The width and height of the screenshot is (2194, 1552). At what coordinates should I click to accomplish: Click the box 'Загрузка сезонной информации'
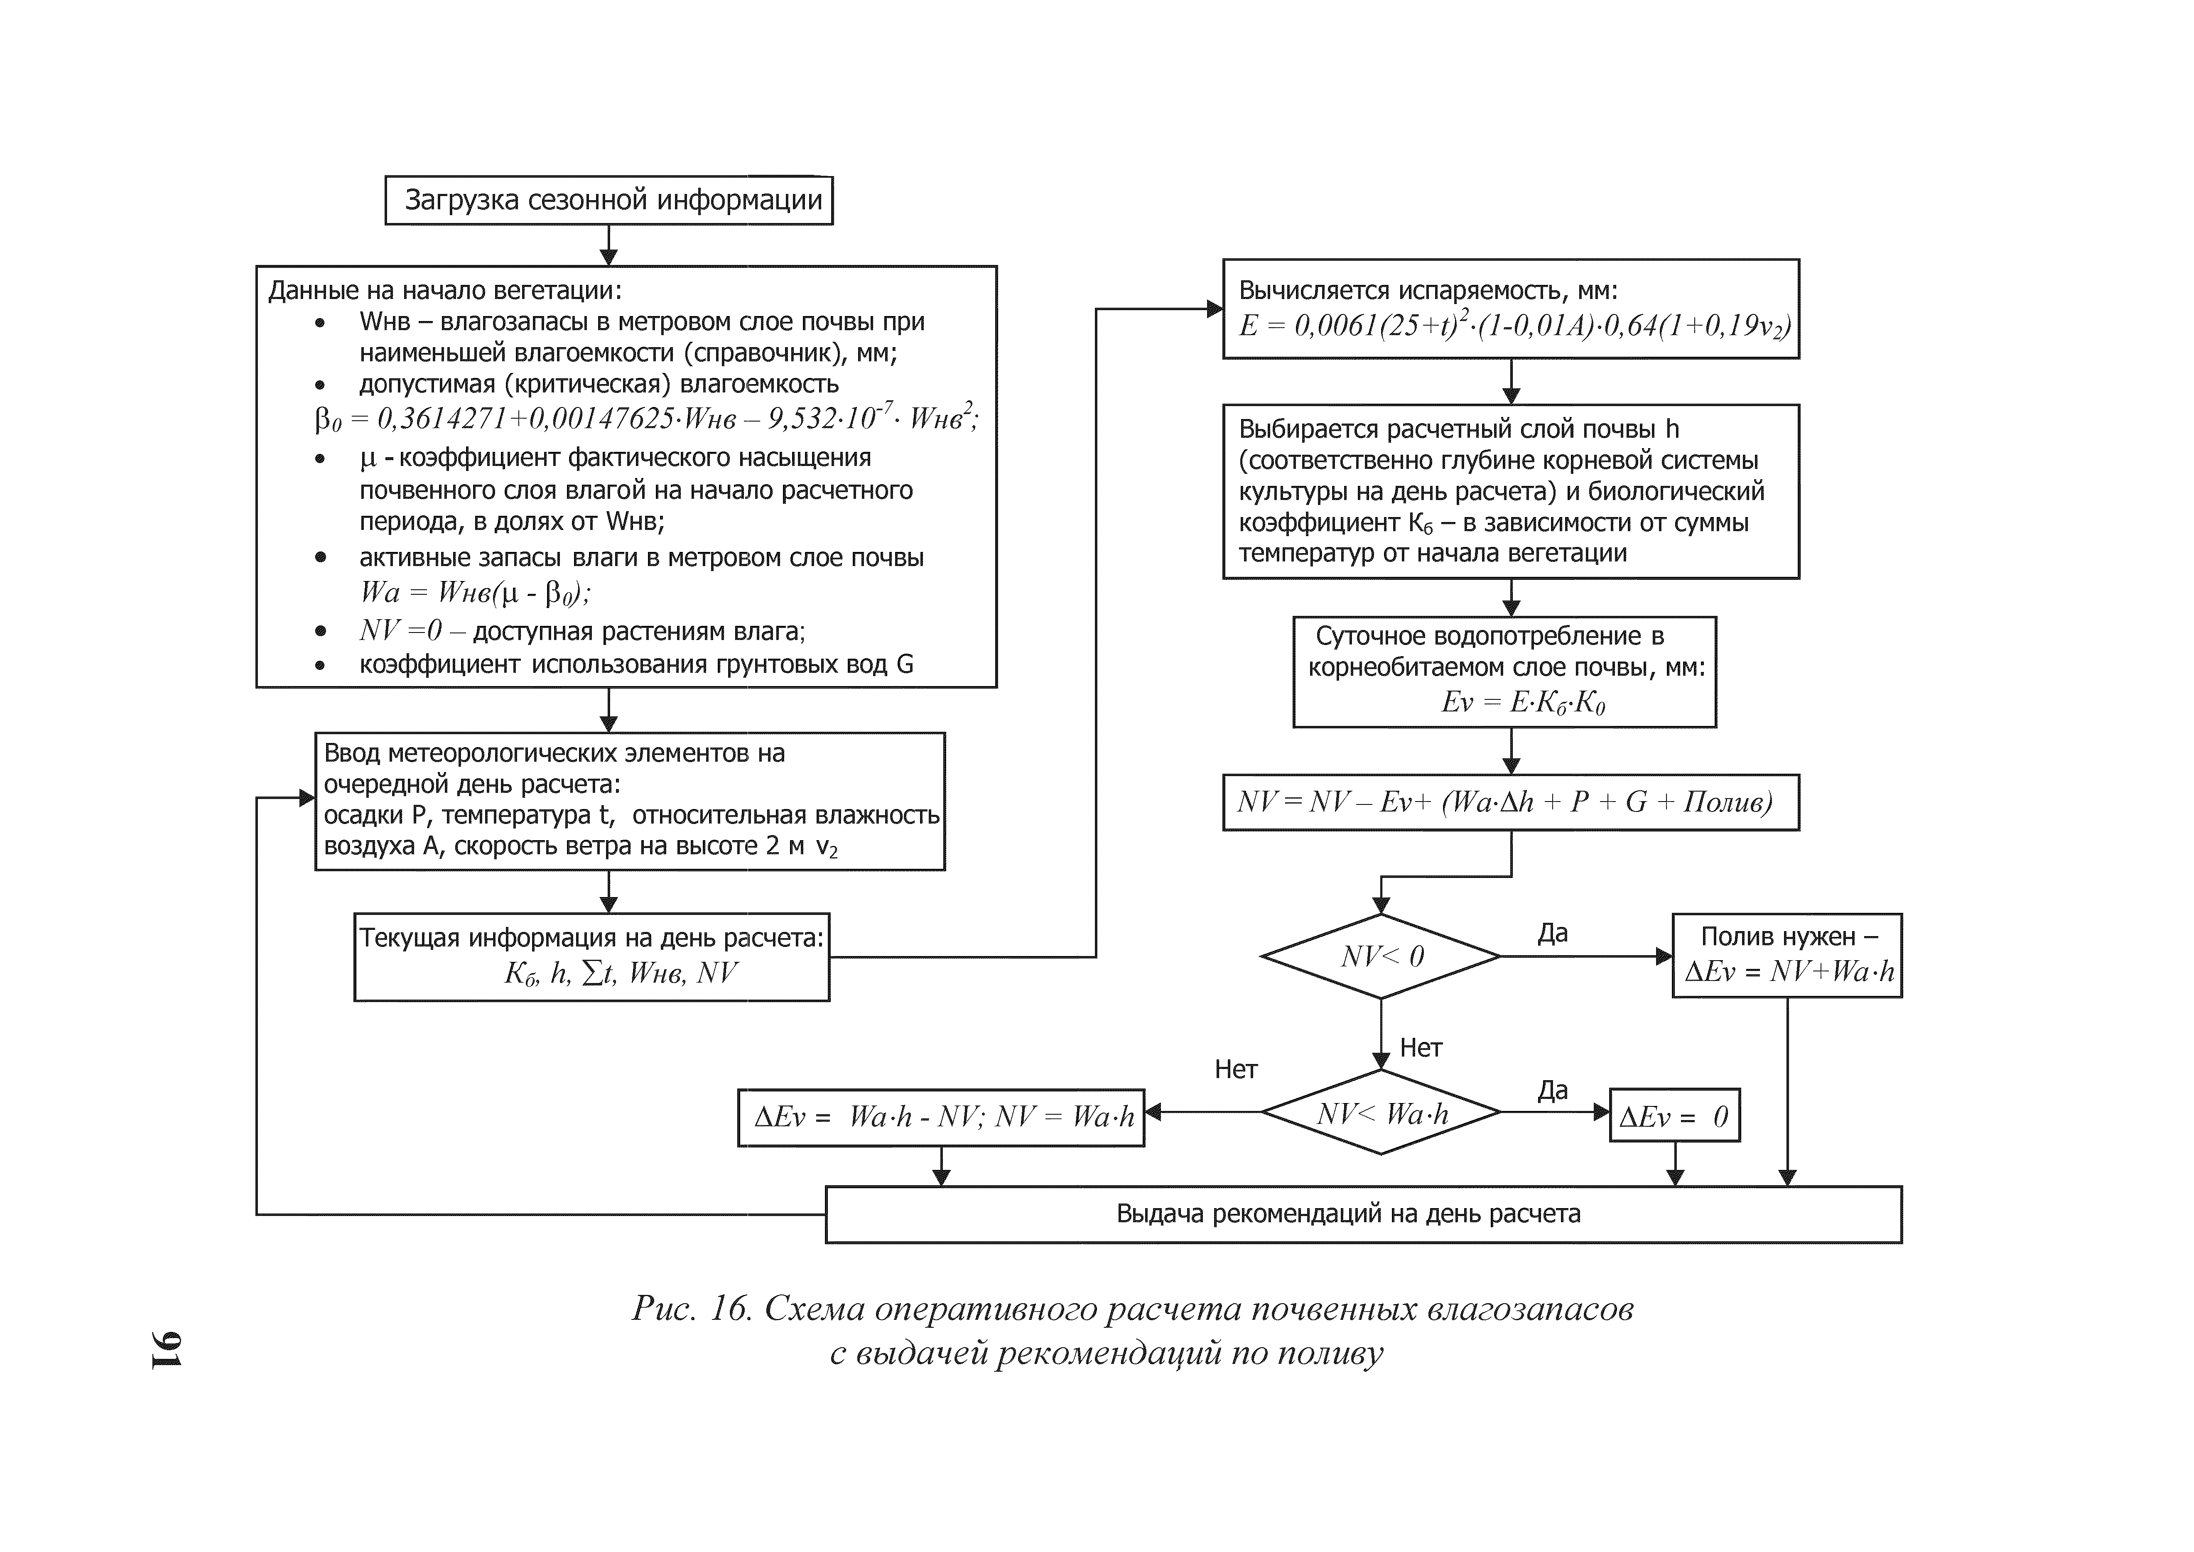(609, 200)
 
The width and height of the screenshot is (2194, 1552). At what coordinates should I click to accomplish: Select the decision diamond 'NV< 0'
(1381, 956)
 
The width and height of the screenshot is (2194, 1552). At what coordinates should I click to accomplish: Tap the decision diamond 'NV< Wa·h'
(1381, 1112)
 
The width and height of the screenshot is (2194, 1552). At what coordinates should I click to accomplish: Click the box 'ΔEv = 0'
(1674, 1115)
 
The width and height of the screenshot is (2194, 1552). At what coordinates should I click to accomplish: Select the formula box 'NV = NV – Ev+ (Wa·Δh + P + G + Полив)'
(1510, 802)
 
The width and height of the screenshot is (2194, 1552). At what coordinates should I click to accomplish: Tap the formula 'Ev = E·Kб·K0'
(1523, 702)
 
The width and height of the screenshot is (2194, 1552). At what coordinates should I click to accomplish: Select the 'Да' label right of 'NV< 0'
(1553, 933)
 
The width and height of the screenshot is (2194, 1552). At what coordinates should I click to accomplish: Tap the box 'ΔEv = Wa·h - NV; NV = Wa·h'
(941, 1116)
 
